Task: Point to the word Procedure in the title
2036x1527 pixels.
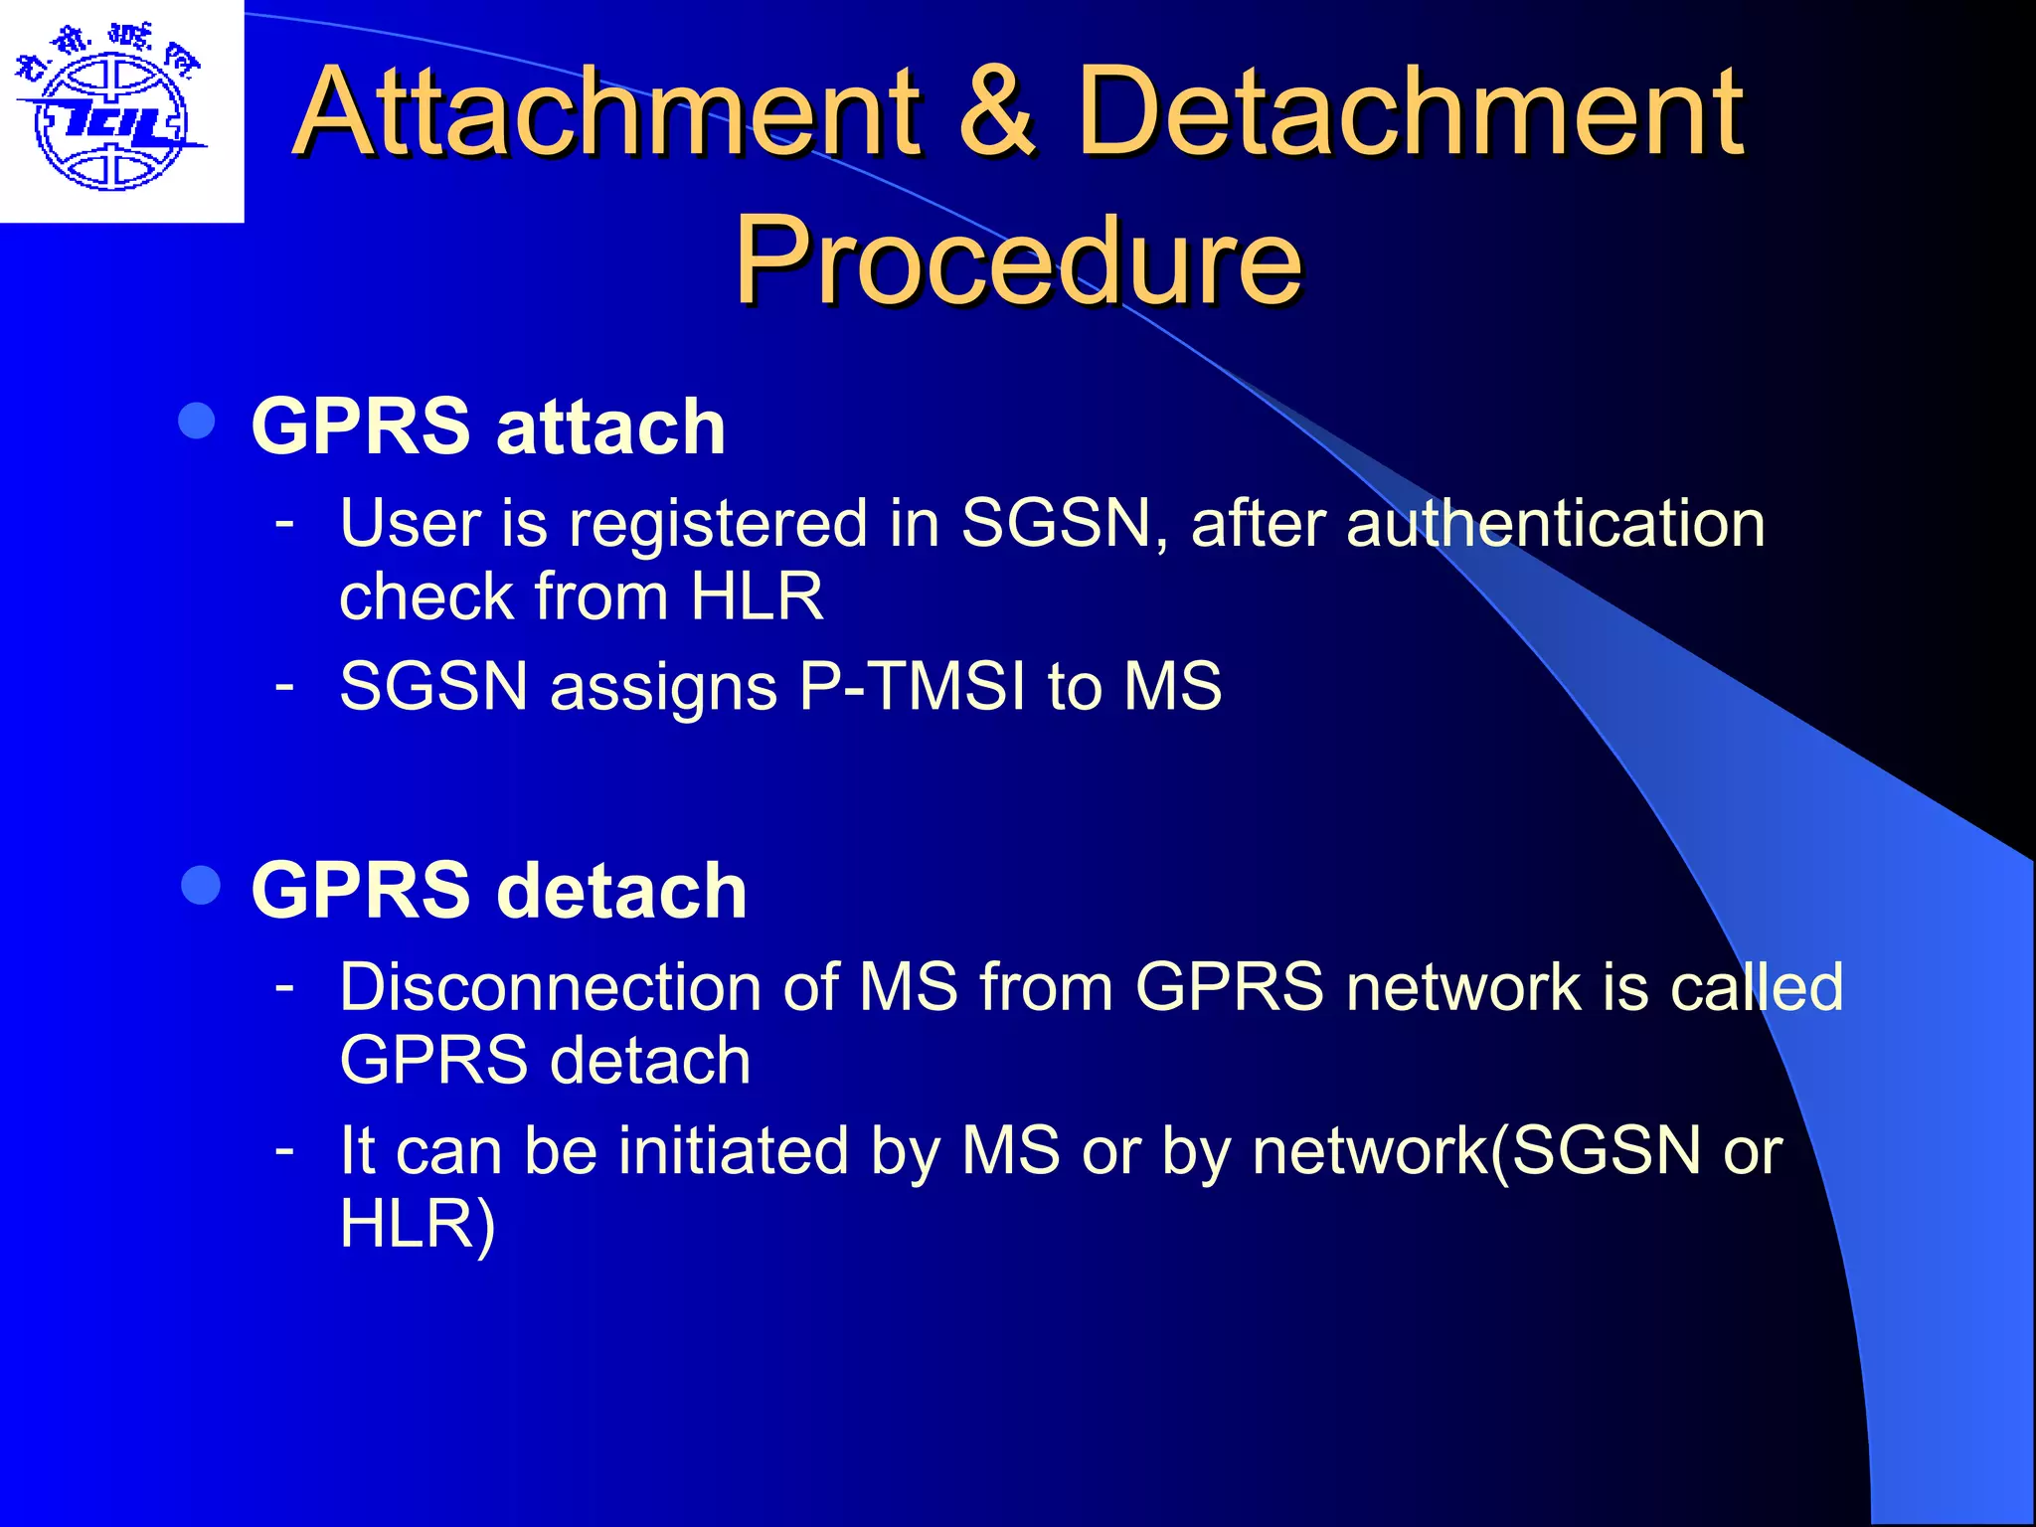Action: tap(1018, 260)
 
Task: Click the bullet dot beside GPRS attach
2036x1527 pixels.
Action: tap(197, 422)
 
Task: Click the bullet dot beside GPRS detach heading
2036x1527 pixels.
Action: tap(202, 885)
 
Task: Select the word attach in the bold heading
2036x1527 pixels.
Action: tap(610, 427)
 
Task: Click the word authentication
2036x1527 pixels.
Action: tap(1555, 524)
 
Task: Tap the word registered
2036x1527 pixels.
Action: tap(718, 524)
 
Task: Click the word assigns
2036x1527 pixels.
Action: tap(663, 688)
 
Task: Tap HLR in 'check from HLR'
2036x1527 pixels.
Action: tap(757, 596)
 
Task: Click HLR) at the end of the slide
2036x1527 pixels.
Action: tap(417, 1224)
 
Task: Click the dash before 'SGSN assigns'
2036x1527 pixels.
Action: tap(285, 684)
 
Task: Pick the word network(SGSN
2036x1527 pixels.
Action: tap(1475, 1150)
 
